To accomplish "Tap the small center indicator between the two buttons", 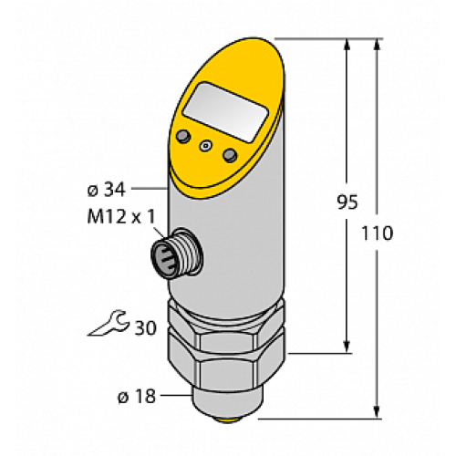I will coord(206,145).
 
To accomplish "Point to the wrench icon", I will coord(109,323).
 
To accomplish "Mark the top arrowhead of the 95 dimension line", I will coord(347,46).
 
